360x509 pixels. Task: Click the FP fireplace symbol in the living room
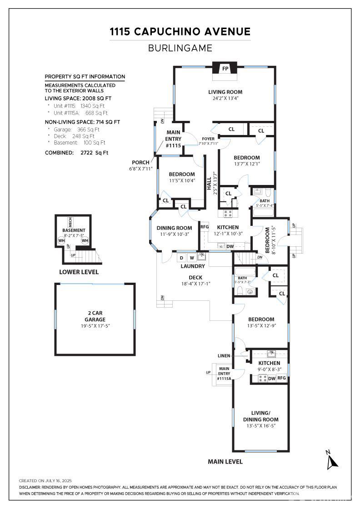[225, 69]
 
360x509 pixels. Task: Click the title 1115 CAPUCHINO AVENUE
[180, 31]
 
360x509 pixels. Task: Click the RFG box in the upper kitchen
[205, 227]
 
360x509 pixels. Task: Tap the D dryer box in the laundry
[181, 258]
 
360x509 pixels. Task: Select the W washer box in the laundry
[191, 258]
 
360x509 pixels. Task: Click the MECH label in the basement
[70, 223]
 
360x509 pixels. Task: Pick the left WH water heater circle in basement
[61, 240]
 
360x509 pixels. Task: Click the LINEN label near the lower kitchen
[225, 355]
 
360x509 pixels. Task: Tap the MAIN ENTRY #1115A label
[224, 374]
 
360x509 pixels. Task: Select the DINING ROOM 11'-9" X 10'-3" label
[175, 231]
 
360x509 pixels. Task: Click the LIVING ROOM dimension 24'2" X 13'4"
[225, 98]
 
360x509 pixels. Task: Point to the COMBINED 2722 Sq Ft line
[76, 153]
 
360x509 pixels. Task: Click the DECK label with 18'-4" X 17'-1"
[195, 280]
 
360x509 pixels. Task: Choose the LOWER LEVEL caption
[79, 272]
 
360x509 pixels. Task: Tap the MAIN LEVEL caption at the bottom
[225, 461]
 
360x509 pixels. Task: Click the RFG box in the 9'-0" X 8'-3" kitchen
[282, 378]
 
